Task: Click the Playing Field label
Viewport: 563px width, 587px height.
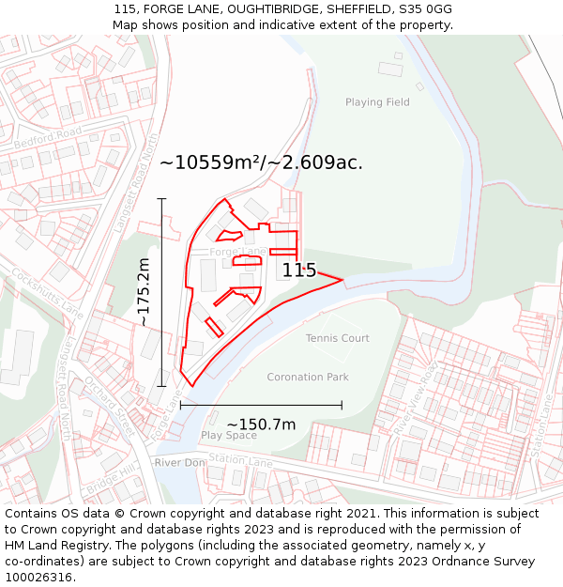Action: (x=377, y=102)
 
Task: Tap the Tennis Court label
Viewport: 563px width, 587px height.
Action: (x=337, y=338)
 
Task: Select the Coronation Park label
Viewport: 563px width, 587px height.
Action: (x=308, y=377)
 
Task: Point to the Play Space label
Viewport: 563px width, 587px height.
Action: (x=228, y=436)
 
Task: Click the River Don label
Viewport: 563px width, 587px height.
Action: (x=179, y=463)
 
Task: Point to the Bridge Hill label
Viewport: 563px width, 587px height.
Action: (x=111, y=479)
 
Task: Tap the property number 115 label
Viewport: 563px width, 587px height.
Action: (x=299, y=270)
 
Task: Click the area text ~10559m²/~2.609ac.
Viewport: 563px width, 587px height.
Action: (x=261, y=162)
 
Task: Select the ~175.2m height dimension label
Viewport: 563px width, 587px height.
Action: (x=144, y=292)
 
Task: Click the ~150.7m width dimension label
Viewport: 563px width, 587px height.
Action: (x=261, y=425)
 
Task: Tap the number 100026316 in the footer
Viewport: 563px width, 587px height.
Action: (x=38, y=578)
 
